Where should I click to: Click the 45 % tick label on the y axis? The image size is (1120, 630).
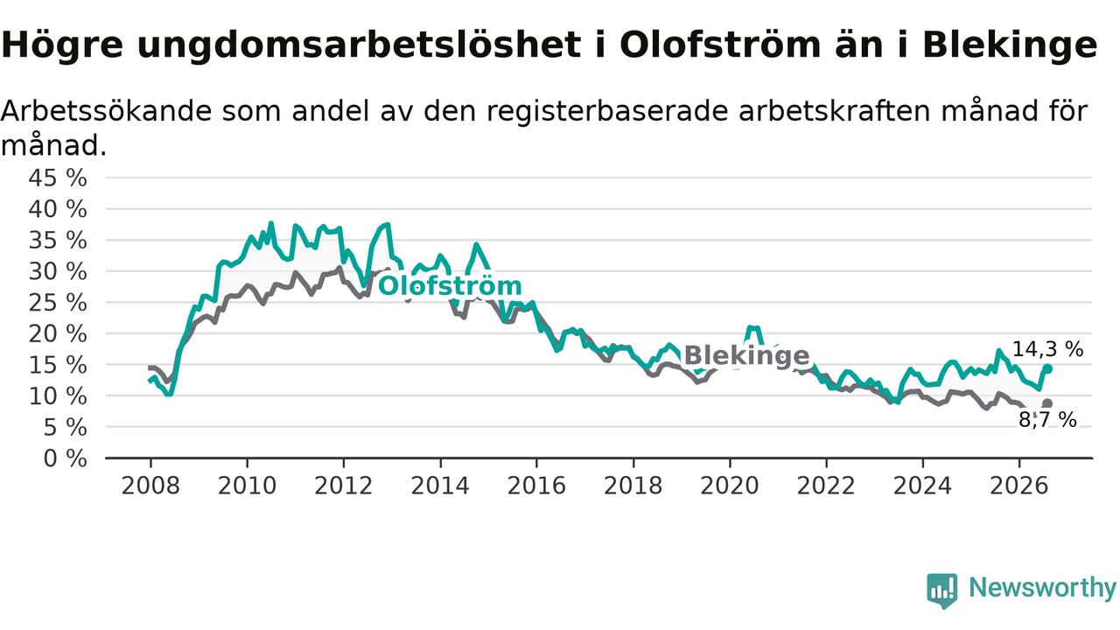58,178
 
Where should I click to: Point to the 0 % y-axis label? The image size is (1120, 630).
65,458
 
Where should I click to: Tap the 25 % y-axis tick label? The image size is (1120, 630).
58,303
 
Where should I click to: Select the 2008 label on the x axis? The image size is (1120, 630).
150,486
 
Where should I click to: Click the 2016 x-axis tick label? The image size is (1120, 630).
536,486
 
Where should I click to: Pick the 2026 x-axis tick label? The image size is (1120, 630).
1019,486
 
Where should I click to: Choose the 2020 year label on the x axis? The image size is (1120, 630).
730,486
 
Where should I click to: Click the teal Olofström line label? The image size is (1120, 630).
450,286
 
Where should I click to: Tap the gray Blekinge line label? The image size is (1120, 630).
746,356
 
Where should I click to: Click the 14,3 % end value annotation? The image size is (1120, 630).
1047,349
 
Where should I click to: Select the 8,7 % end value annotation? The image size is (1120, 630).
1047,420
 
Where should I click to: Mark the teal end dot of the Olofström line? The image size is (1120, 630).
1048,369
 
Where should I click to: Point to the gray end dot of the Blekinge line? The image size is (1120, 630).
1047,403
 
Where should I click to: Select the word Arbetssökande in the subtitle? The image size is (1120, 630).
107,111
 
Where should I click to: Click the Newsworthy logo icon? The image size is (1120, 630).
942,591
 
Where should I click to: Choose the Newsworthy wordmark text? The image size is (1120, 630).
1042,588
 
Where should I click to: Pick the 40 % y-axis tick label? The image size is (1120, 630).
58,209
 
